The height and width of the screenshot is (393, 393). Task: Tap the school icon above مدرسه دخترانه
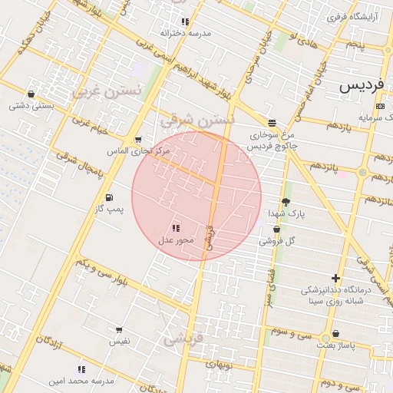pos(185,21)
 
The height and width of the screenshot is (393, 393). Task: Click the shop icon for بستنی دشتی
pos(31,94)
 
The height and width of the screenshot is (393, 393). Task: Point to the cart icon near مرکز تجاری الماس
pos(137,140)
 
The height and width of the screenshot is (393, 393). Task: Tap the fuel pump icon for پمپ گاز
pos(108,196)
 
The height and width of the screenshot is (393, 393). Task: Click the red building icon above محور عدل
pos(176,228)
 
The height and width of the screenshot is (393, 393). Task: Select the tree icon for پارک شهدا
pos(286,202)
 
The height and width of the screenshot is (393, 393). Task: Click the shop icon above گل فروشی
pos(276,230)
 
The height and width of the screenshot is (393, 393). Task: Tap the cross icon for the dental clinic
pos(335,278)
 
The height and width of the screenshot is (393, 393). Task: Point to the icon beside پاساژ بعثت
pos(325,335)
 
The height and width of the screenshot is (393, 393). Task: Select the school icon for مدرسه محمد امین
pos(81,369)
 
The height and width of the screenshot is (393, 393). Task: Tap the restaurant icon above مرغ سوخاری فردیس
pos(272,122)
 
